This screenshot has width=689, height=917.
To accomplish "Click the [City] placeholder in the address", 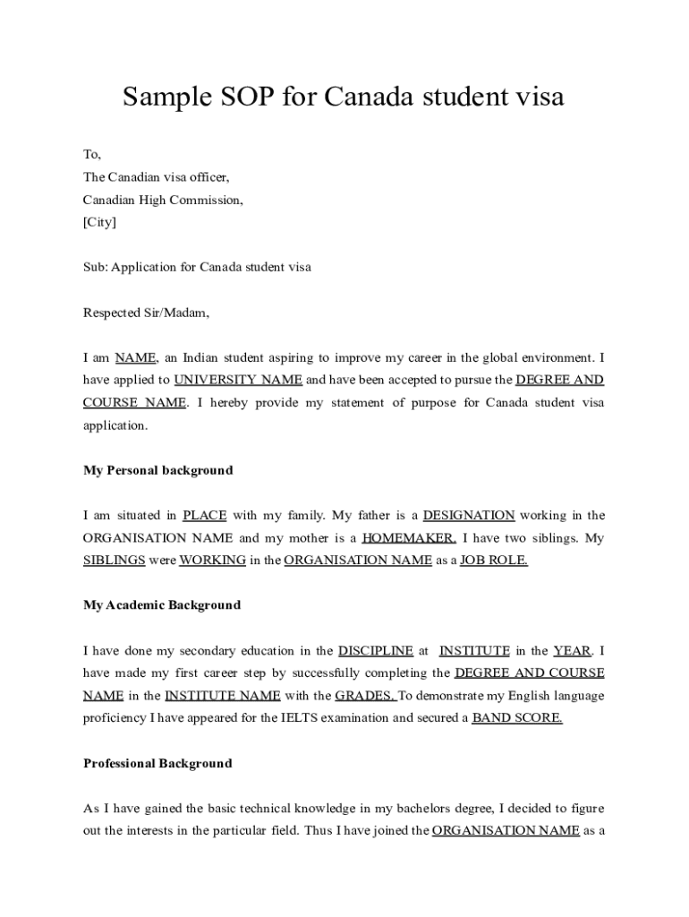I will point(99,222).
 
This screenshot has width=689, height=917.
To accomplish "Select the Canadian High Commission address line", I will point(163,200).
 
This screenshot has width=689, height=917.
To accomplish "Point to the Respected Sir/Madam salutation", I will point(146,313).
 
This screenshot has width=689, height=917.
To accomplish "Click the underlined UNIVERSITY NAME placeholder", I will point(237,380).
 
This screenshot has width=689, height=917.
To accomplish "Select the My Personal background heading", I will point(157,470).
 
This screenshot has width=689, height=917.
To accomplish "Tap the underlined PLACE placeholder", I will point(205,515).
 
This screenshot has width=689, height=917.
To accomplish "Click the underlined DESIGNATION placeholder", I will point(468,515).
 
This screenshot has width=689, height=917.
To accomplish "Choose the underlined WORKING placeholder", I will point(213,561).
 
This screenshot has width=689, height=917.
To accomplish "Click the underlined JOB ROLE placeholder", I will point(494,561).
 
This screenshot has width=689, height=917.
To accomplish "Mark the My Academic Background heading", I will point(162,605).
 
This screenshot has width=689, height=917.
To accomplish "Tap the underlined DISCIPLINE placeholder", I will point(376,651).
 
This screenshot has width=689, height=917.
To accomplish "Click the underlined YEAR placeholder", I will point(572,651).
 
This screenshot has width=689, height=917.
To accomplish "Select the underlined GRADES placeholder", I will point(365,696).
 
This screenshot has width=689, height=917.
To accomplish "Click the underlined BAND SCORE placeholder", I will point(517,718).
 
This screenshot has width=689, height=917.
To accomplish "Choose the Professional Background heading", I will point(157,764).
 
